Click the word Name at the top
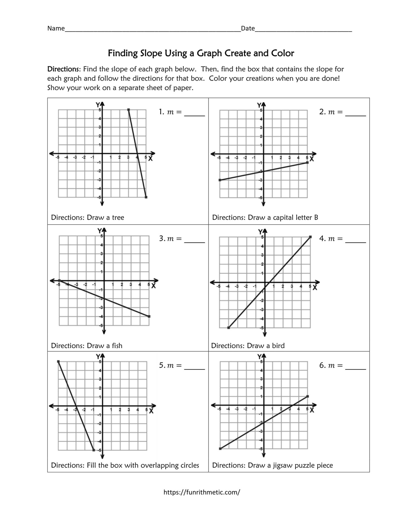[56, 28]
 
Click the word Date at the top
[248, 28]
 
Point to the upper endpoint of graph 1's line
[128, 110]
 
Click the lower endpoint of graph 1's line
[146, 197]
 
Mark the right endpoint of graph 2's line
[307, 162]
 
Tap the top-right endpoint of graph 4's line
[310, 237]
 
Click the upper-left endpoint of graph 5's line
[58, 361]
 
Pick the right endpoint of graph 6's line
[307, 396]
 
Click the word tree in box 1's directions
[118, 218]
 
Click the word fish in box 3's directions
[117, 346]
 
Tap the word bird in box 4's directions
[278, 346]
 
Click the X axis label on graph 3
[153, 286]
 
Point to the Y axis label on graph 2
[259, 105]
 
